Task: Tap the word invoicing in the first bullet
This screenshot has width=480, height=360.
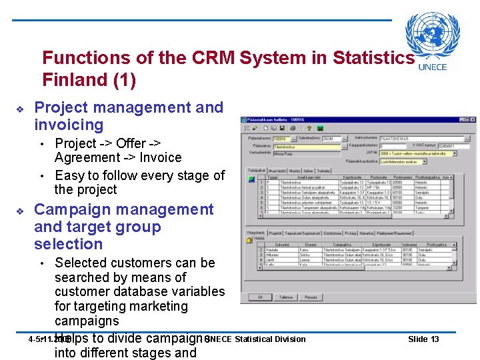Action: pyautogui.click(x=69, y=125)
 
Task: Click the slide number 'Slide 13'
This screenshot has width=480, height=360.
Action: pyautogui.click(x=423, y=339)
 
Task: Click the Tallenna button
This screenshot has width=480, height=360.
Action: pyautogui.click(x=286, y=297)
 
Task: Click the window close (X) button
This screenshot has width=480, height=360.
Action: pyautogui.click(x=471, y=119)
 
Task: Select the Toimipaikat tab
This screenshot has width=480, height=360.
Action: pyautogui.click(x=257, y=170)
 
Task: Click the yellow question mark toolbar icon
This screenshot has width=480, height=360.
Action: pyautogui.click(x=310, y=128)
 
